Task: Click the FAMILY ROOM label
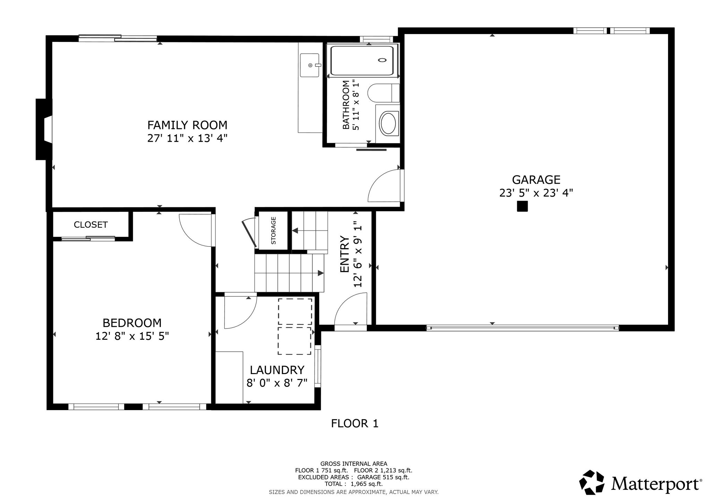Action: (x=188, y=125)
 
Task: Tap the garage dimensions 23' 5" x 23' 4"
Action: (x=536, y=193)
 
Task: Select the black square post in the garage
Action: (x=522, y=206)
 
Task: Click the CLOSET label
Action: (x=91, y=225)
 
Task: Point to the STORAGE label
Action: (x=274, y=231)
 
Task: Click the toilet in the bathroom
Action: (x=383, y=93)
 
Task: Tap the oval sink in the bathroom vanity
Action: (x=389, y=123)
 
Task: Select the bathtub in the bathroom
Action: (x=362, y=61)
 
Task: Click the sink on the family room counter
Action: (x=309, y=65)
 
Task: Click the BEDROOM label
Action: (x=132, y=323)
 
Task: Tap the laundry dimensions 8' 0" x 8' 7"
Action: (x=277, y=383)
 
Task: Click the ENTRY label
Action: (x=344, y=254)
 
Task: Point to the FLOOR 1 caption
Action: (x=355, y=424)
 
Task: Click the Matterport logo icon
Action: (x=594, y=483)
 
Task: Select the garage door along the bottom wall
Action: (x=522, y=328)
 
